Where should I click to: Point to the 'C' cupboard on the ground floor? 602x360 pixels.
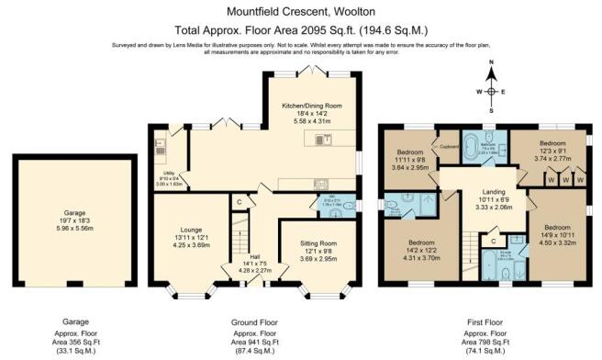click(239, 201)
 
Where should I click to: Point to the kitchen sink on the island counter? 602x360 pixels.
click(323, 140)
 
